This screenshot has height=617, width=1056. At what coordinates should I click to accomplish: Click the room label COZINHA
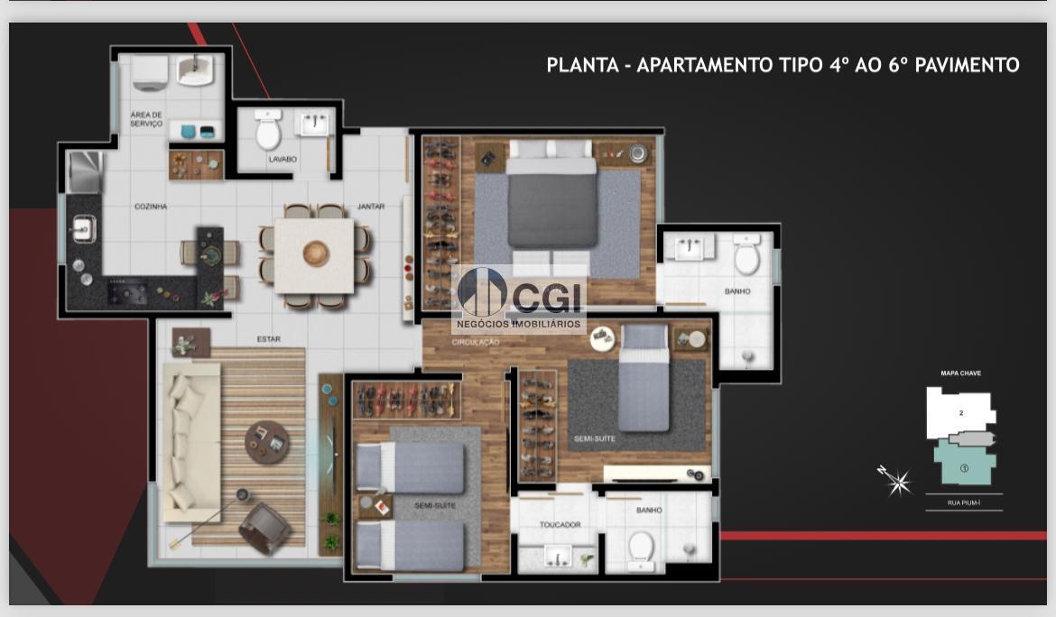pos(151,207)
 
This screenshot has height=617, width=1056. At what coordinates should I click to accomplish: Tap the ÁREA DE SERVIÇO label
pos(146,119)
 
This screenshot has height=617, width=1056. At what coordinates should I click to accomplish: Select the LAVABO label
pos(282,160)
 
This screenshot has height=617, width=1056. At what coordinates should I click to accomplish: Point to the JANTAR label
pos(371,207)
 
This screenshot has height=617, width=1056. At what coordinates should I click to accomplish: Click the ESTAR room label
pos(268,339)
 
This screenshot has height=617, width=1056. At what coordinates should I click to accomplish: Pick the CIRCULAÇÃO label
pos(476,343)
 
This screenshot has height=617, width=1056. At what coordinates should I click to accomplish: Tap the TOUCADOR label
pos(560,524)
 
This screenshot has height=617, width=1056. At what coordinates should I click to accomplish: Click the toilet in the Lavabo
pos(268,133)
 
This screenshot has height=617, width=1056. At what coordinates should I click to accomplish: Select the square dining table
pos(314,256)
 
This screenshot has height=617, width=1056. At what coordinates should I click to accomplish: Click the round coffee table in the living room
pos(268,442)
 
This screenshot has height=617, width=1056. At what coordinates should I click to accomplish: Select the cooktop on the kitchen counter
pos(127,291)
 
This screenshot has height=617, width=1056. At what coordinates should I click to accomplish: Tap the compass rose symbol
pos(897,481)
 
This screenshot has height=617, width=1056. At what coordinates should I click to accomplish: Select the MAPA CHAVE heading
pos(960,373)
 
